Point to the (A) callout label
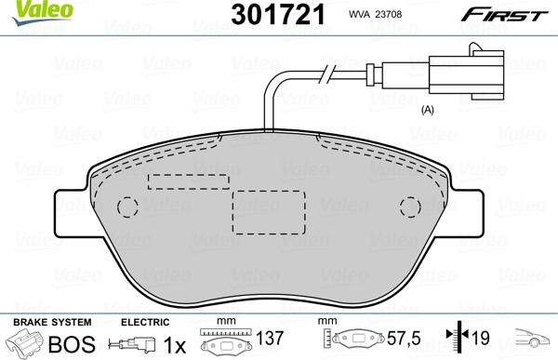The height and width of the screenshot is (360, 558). [x=429, y=110]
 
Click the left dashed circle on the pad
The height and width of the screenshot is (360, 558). [x=130, y=207]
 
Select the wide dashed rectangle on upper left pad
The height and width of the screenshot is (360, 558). [x=190, y=182]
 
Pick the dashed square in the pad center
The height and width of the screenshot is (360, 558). [x=270, y=213]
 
